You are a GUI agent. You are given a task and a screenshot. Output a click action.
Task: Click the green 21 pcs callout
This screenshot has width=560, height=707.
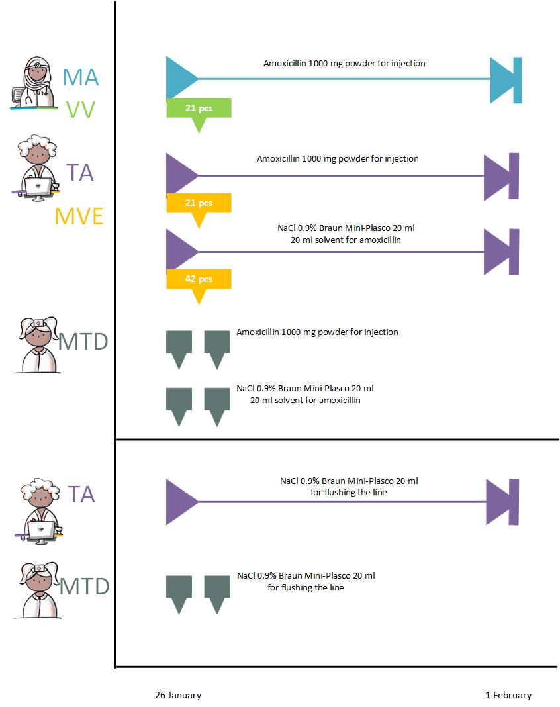199,108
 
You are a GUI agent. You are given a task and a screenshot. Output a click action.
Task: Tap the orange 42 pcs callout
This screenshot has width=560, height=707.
199,279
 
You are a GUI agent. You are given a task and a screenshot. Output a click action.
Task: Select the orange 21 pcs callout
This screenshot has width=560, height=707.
199,203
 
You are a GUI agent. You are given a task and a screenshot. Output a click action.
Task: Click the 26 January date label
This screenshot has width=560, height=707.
178,695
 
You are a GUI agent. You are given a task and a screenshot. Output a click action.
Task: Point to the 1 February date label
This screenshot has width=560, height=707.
508,695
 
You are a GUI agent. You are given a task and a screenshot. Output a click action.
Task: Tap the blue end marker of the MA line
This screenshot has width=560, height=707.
506,80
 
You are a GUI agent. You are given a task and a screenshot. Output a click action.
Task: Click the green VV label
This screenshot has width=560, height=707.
81,110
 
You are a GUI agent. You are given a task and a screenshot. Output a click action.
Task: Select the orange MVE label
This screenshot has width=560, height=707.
79,216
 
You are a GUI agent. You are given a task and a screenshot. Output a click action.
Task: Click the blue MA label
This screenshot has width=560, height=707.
81,77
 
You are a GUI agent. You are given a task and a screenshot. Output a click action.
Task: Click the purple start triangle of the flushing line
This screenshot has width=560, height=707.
180,502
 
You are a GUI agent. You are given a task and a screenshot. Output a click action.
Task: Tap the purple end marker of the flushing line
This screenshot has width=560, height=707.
502,502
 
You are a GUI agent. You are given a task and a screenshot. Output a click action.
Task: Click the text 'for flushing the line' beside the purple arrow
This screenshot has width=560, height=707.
348,492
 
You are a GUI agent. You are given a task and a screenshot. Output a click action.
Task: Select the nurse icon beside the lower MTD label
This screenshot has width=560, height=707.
36,589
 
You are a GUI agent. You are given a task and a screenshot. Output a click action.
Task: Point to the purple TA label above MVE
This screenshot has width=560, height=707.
79,173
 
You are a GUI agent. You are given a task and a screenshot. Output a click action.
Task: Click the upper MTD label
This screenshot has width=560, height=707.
83,342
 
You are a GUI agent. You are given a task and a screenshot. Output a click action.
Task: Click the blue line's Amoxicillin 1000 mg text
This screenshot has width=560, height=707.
344,64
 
